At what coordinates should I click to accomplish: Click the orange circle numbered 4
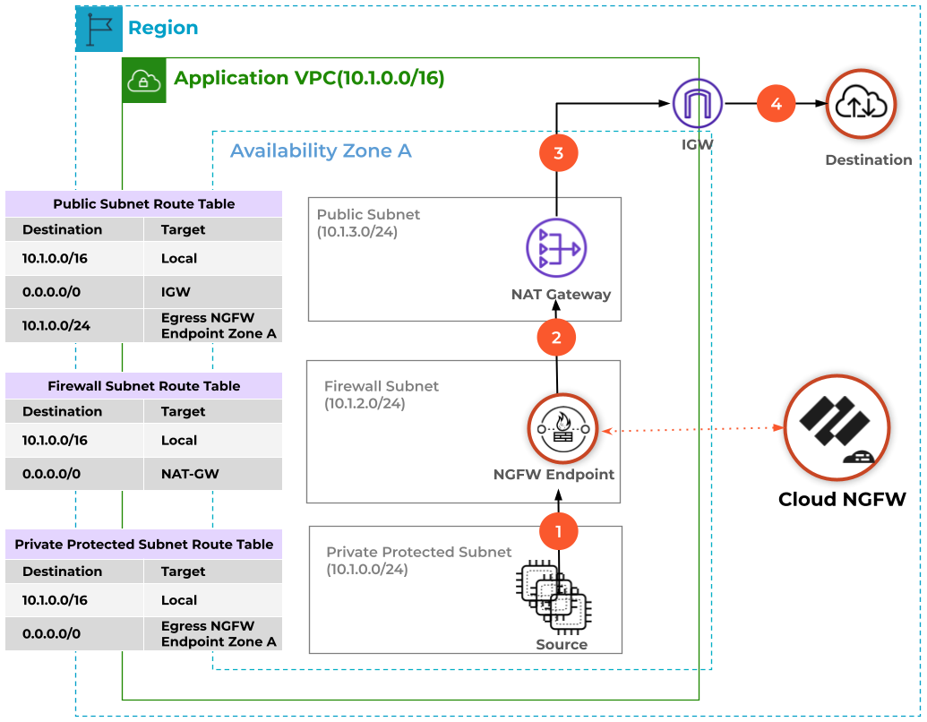[776, 104]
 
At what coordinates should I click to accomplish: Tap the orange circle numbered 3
[558, 153]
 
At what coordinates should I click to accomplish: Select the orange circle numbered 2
[556, 338]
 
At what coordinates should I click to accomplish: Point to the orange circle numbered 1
[558, 531]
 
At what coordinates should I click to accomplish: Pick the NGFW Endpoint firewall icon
[562, 430]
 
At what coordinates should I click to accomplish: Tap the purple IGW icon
[698, 103]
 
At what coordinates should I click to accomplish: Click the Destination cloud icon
[860, 105]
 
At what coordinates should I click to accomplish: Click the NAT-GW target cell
[213, 473]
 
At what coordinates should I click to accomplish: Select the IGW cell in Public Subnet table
[213, 292]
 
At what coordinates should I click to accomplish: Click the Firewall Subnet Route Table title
[144, 386]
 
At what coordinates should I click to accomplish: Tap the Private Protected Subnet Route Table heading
[144, 545]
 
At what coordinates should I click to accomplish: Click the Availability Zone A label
[321, 150]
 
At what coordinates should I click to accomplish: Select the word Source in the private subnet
[562, 644]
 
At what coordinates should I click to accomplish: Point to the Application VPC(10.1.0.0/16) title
[309, 79]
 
